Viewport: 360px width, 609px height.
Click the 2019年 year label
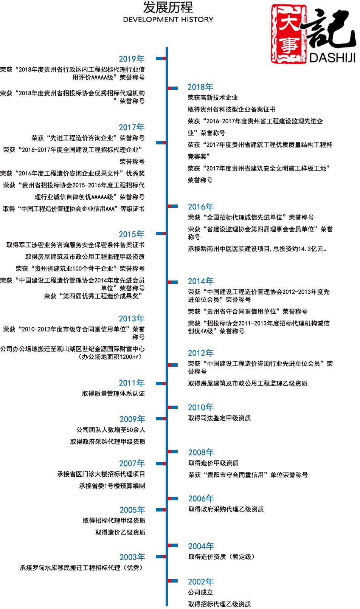131,59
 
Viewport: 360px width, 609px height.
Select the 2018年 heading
200,87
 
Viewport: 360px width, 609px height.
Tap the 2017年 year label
131,128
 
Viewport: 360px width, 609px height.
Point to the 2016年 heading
201,207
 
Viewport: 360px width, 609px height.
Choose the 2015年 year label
131,234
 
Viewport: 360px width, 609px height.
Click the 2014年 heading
201,281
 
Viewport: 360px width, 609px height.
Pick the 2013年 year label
131,319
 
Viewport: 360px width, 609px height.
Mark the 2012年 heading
201,353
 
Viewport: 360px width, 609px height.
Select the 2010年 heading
201,408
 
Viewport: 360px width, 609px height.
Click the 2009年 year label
132,419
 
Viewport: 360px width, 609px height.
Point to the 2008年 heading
201,452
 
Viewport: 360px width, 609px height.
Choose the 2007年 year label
132,464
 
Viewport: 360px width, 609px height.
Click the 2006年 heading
201,499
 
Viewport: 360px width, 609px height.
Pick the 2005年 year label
132,510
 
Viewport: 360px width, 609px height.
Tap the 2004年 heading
201,546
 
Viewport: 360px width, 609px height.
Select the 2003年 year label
132,557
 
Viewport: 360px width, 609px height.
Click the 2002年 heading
201,582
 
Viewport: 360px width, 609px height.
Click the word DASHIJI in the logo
332,57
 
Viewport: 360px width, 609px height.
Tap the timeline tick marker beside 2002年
173,581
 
